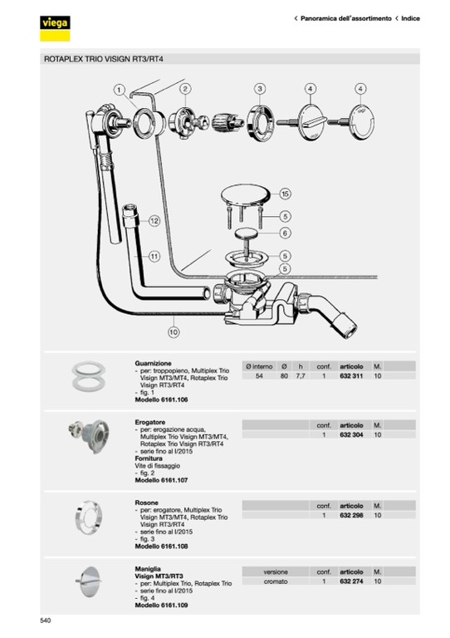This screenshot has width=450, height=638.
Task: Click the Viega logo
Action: [x=55, y=28]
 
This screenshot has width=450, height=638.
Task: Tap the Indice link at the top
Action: [x=410, y=18]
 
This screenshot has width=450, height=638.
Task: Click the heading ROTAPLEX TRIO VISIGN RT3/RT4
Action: [x=104, y=59]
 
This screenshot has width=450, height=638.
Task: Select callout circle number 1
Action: [x=119, y=90]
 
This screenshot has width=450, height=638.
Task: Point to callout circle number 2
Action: [x=185, y=89]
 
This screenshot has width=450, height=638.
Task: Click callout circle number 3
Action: [x=260, y=89]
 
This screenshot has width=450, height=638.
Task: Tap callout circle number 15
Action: [x=286, y=194]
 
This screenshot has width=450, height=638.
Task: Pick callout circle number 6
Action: [x=286, y=233]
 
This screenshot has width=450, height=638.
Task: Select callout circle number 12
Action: [x=154, y=221]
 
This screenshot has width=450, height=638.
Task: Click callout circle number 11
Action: [x=154, y=257]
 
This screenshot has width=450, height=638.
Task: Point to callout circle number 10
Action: [x=174, y=332]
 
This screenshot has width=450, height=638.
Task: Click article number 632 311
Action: [x=351, y=376]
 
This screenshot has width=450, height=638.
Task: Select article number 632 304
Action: [x=351, y=434]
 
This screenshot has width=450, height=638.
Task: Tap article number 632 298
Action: [x=351, y=515]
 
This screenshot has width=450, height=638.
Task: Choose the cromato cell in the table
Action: [x=276, y=582]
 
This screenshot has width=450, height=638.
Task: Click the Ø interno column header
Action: [x=259, y=366]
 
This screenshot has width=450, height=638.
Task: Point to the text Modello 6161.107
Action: [x=161, y=480]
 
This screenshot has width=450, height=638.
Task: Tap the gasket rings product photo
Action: [x=89, y=376]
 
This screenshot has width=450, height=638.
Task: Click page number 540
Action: [x=46, y=621]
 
